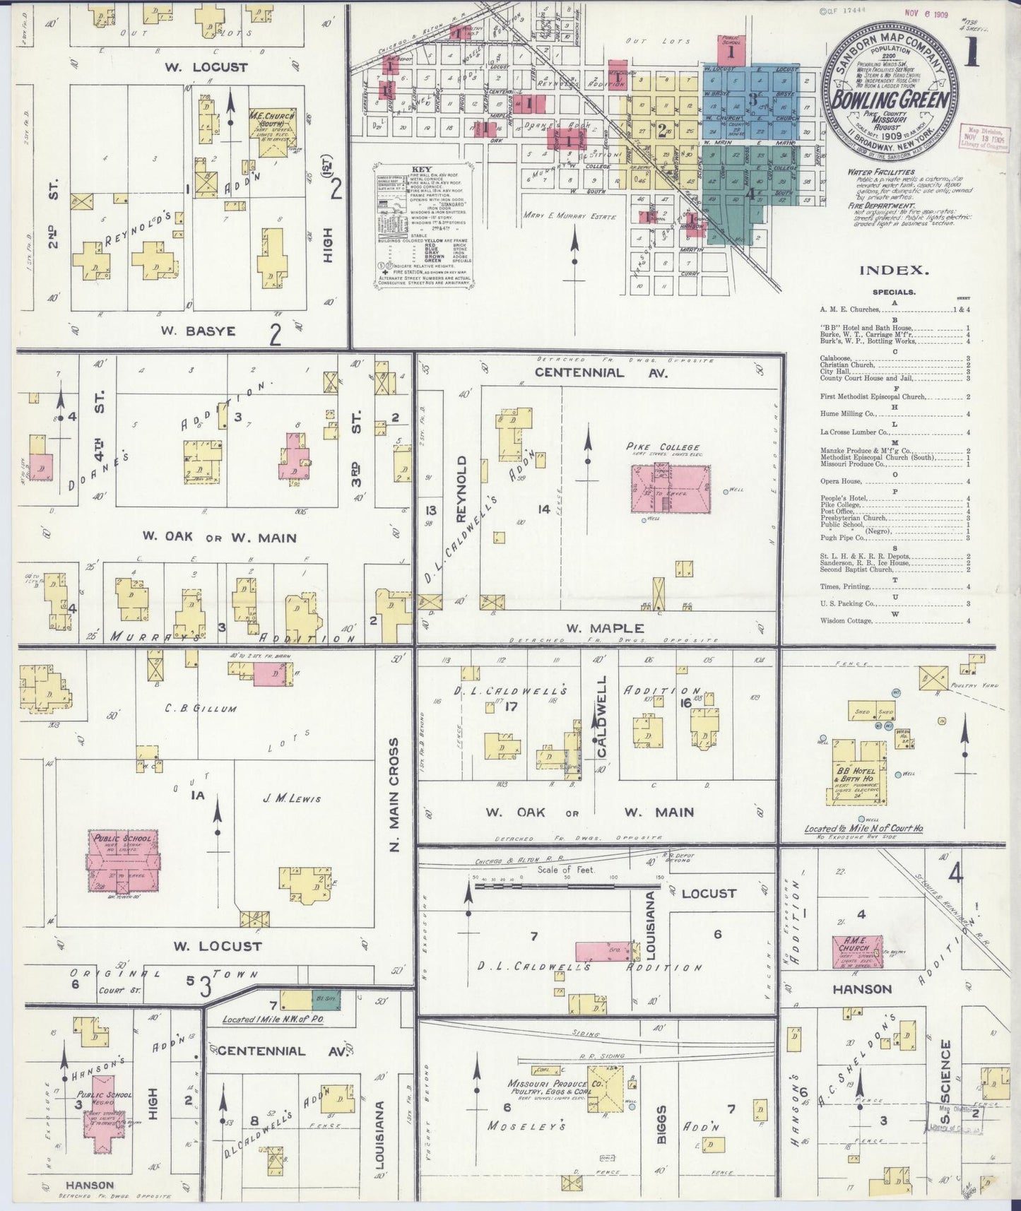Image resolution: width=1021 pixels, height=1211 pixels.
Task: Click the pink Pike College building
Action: [x=670, y=488]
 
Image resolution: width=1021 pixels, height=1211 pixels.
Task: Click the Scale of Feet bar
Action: [x=551, y=885]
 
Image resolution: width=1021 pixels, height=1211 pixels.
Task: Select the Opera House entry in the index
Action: [x=841, y=482]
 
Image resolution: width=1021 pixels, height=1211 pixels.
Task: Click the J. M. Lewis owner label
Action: [x=292, y=799]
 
